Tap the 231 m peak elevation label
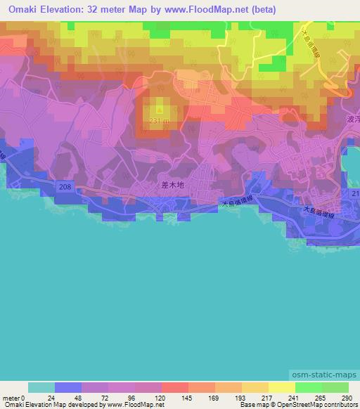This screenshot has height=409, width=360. pyautogui.click(x=160, y=121)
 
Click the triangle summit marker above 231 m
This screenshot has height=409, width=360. pyautogui.click(x=160, y=110)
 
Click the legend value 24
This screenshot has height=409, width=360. pyautogui.click(x=56, y=397)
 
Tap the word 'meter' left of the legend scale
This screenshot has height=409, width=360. pyautogui.click(x=11, y=397)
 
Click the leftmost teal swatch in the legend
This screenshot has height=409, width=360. pyautogui.click(x=41, y=387)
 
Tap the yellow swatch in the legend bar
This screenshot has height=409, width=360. pyautogui.click(x=281, y=387)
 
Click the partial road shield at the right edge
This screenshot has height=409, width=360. pyautogui.click(x=355, y=193)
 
